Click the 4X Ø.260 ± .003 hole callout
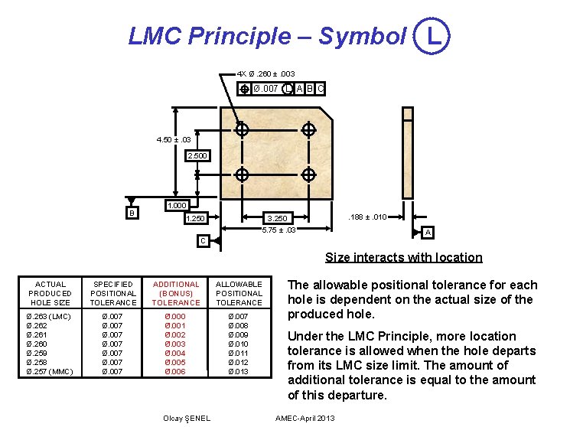click(x=266, y=73)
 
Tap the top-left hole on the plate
click(x=242, y=130)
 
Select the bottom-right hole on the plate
click(x=308, y=174)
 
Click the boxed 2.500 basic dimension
click(x=197, y=155)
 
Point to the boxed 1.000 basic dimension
click(x=178, y=206)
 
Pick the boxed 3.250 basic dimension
click(x=276, y=219)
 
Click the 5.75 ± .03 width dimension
click(x=278, y=230)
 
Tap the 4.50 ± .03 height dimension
click(x=172, y=140)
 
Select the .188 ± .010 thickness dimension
click(x=367, y=218)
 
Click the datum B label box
click(x=132, y=211)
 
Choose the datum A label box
click(x=428, y=233)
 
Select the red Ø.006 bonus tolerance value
click(x=175, y=371)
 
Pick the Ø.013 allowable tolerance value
click(x=239, y=371)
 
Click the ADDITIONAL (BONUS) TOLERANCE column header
click(x=176, y=293)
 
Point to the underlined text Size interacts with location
click(x=403, y=257)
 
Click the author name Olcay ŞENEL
click(x=187, y=417)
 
